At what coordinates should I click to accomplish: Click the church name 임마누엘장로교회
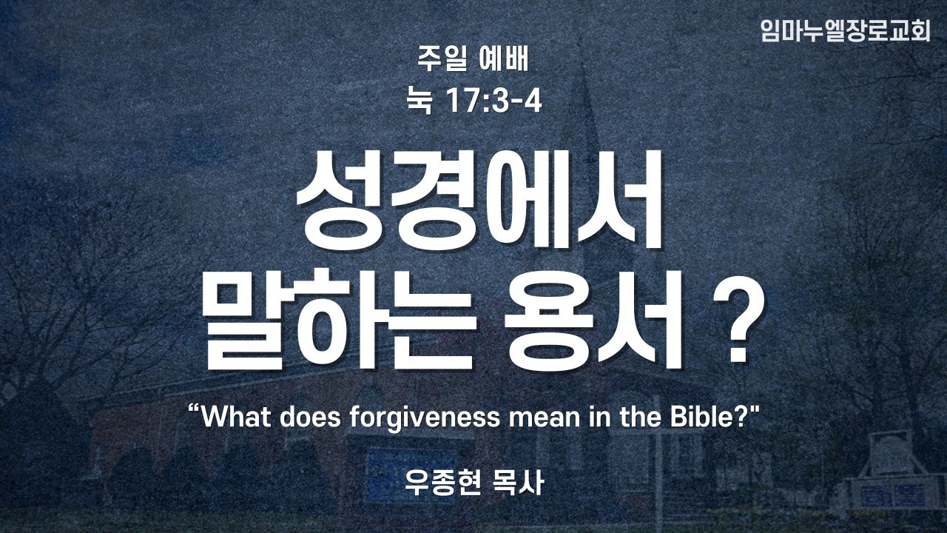(x=845, y=30)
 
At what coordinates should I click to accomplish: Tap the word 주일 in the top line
(x=442, y=58)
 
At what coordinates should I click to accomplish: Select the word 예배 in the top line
(x=505, y=58)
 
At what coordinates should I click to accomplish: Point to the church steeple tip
(x=584, y=64)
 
